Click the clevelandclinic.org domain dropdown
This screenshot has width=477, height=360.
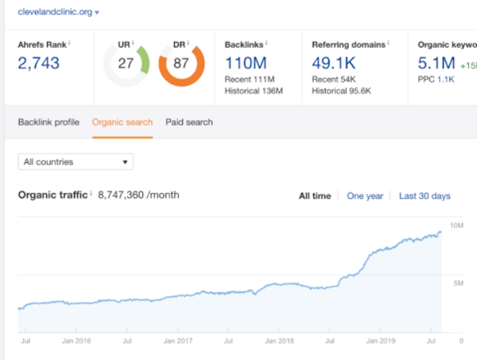(58, 12)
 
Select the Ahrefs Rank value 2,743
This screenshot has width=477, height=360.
(39, 64)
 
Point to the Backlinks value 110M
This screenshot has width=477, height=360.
(246, 63)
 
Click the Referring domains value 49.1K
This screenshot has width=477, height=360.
(334, 63)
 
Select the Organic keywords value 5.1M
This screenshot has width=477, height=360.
(436, 63)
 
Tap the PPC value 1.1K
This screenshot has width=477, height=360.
(446, 79)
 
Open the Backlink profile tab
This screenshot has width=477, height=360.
(48, 122)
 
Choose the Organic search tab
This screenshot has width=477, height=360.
(122, 122)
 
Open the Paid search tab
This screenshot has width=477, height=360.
(189, 122)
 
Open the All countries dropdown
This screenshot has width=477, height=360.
(76, 162)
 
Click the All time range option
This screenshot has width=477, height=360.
(315, 195)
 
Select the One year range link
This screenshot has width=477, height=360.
(365, 195)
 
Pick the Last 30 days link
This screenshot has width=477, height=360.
(425, 195)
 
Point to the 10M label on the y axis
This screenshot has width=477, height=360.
(456, 226)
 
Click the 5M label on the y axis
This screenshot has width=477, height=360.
(459, 283)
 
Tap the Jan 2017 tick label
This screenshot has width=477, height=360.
(178, 341)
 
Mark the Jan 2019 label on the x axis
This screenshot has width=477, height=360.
(381, 341)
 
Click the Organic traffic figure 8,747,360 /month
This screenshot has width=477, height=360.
(138, 195)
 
